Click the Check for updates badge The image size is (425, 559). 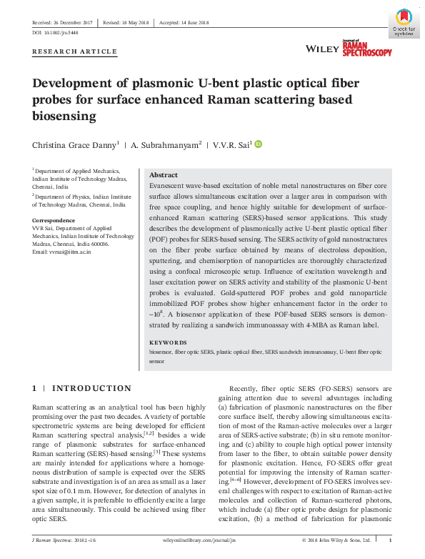coord(404,21)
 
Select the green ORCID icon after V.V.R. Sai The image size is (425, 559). coord(259,144)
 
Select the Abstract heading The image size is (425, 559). coord(163,175)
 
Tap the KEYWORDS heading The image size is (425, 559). coord(168,342)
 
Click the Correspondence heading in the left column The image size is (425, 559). coord(54,220)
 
